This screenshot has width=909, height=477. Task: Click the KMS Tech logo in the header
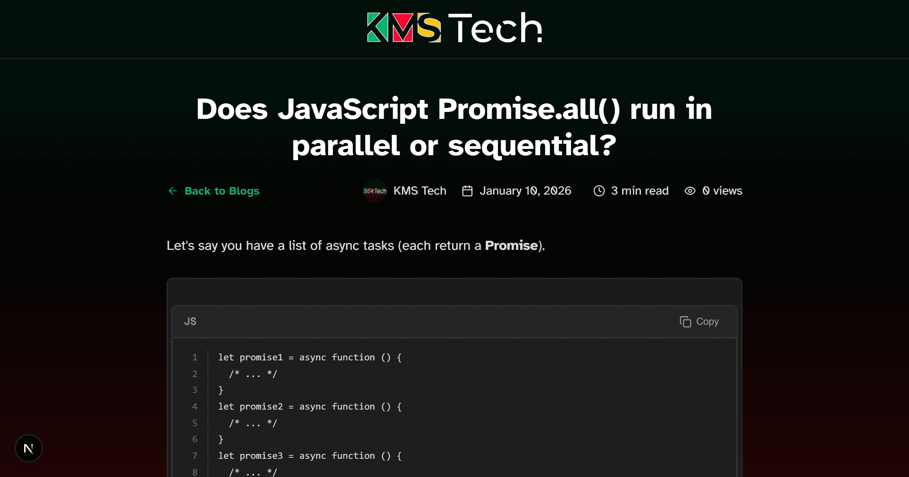pos(454,27)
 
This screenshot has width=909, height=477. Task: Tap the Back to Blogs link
pos(222,191)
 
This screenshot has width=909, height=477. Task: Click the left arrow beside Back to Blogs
pos(173,191)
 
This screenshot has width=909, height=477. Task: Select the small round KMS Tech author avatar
pos(375,191)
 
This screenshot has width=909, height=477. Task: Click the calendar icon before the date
pos(467,191)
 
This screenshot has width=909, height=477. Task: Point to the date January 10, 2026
pos(525,191)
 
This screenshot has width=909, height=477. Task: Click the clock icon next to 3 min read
pos(599,191)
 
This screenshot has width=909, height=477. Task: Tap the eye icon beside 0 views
pos(690,191)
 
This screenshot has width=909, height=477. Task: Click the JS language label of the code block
pos(190,321)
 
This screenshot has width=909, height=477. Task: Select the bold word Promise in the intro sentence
pos(511,246)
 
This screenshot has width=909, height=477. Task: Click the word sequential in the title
pos(532,146)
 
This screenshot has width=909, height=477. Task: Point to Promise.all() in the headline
pos(529,109)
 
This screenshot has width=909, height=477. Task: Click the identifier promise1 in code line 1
pos(261,357)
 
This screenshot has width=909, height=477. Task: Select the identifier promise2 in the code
pos(261,407)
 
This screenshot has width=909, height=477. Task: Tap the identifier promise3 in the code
pos(261,456)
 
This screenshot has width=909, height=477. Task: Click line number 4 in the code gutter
pos(195,407)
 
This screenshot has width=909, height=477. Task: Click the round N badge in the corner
pos(29,448)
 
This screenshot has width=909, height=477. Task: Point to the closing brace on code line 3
pos(221,390)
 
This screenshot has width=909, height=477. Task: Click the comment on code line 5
pos(253,423)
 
